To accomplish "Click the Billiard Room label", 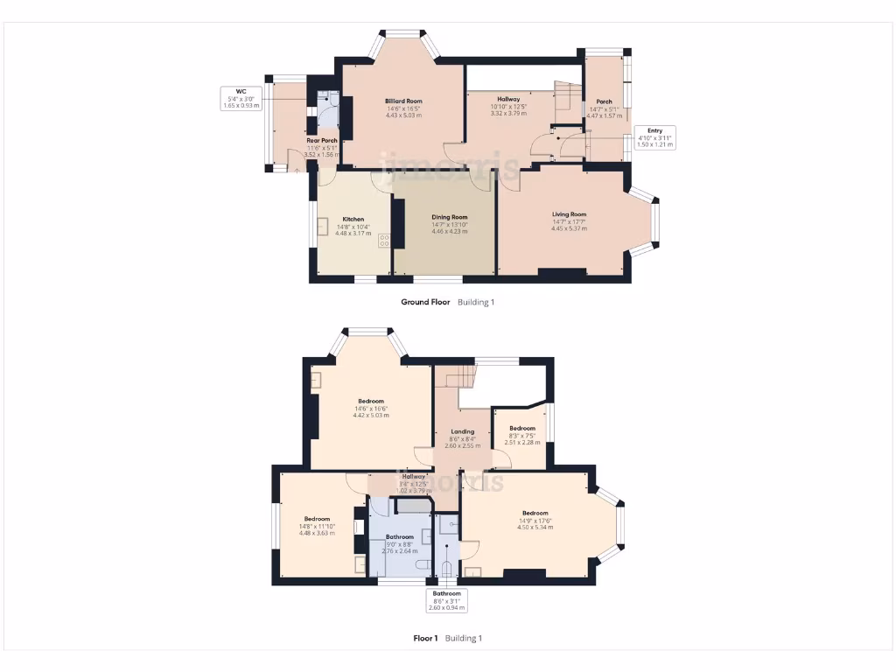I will (x=403, y=101).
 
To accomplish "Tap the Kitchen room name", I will (x=353, y=220).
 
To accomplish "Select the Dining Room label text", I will (x=449, y=217).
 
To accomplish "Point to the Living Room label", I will (x=569, y=214).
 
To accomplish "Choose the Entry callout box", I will (x=654, y=137).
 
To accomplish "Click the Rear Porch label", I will (x=322, y=140).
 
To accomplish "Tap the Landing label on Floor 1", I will (x=462, y=431).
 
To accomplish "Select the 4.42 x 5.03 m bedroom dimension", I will (x=372, y=415).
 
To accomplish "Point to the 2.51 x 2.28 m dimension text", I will (x=522, y=442).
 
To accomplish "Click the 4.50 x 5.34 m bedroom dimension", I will (x=535, y=527).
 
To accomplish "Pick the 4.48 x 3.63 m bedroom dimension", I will (x=317, y=533).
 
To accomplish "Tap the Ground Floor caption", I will (x=425, y=302).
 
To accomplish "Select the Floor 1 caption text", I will (x=425, y=638).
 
